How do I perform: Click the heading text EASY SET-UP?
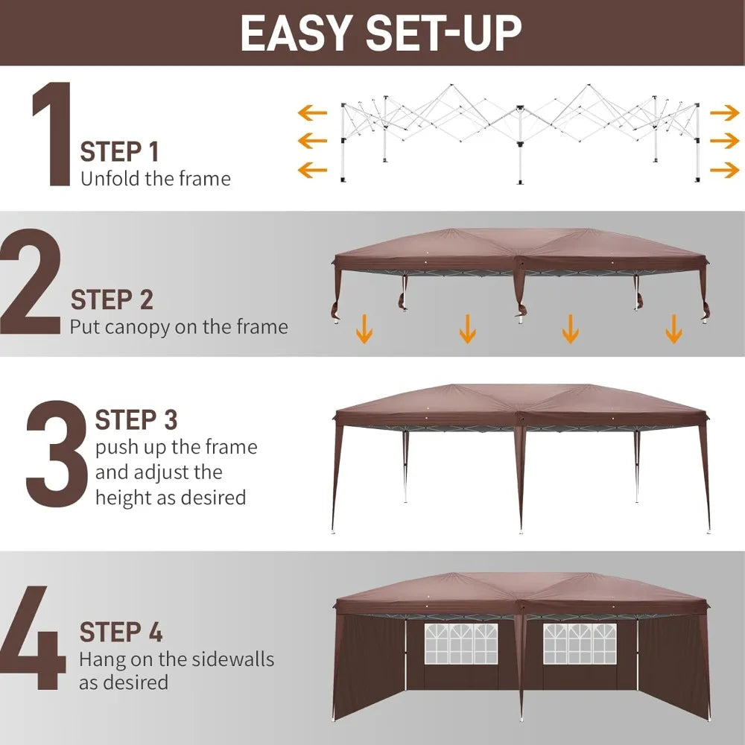(381, 32)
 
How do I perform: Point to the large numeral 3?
(57, 454)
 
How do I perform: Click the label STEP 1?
(119, 152)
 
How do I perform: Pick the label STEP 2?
(112, 299)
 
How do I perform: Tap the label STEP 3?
(136, 420)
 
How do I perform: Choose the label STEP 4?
(121, 633)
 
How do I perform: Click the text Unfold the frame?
(155, 179)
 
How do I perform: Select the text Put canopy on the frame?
(179, 327)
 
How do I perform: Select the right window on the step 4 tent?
(578, 643)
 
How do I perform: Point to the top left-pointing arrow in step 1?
(312, 113)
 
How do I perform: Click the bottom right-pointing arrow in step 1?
(724, 171)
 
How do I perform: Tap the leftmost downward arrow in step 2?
(364, 328)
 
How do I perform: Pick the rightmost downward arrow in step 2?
(673, 328)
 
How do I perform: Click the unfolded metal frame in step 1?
(519, 130)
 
